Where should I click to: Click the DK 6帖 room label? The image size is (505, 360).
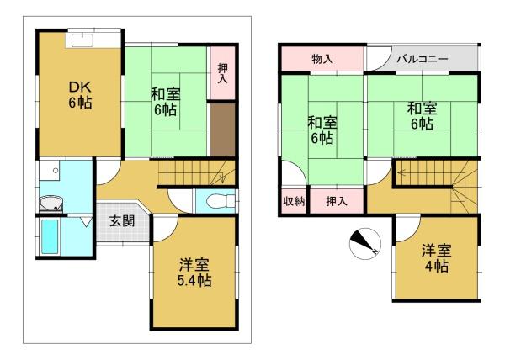tap(80, 95)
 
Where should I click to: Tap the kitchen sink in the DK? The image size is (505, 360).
tap(82, 40)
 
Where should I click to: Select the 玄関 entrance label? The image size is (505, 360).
tap(122, 221)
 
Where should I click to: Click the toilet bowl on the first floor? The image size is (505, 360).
tap(216, 202)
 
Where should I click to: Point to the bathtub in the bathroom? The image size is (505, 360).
tap(50, 236)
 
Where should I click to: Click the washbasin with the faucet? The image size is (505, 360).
tap(50, 204)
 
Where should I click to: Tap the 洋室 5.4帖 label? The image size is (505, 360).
tap(194, 273)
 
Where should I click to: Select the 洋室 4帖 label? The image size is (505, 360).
tap(437, 258)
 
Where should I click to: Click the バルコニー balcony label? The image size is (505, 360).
tap(423, 59)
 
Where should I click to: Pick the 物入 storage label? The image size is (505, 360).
tap(322, 59)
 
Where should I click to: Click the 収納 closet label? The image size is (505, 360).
tap(294, 201)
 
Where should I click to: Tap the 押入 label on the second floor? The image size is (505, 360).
tap(337, 201)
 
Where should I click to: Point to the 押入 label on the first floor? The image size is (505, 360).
tap(222, 73)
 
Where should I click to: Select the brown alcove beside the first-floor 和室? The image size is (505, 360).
tap(222, 130)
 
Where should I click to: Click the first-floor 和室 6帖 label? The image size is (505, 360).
tap(165, 102)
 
